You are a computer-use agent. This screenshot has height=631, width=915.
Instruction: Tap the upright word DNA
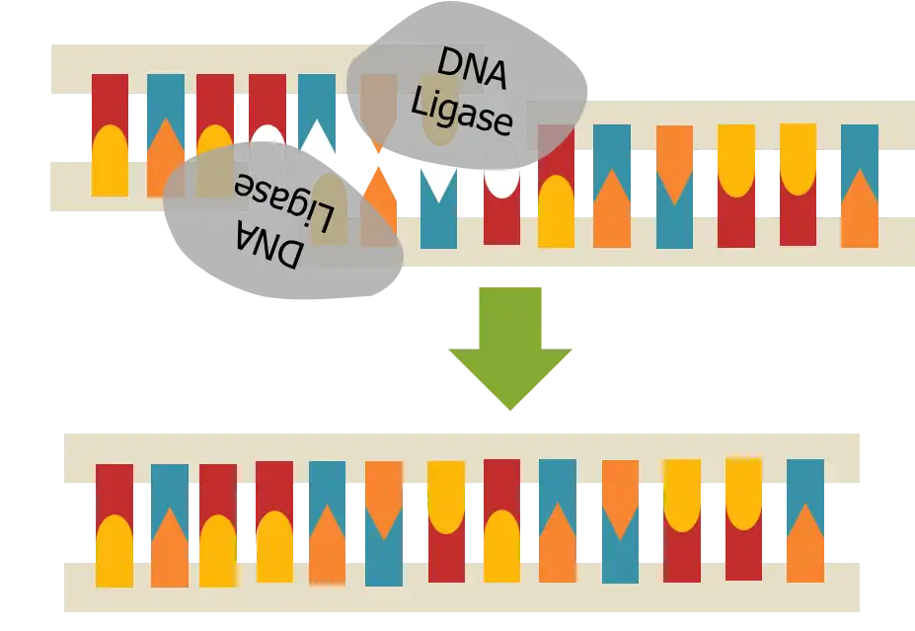pos(471,69)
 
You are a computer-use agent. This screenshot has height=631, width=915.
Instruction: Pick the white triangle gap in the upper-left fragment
pos(317,138)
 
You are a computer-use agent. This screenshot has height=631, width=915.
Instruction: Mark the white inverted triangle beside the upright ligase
pos(438,184)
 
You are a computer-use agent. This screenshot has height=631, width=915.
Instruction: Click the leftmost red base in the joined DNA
pos(114,489)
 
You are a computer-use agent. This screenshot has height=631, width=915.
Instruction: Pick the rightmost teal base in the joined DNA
pos(805,484)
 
